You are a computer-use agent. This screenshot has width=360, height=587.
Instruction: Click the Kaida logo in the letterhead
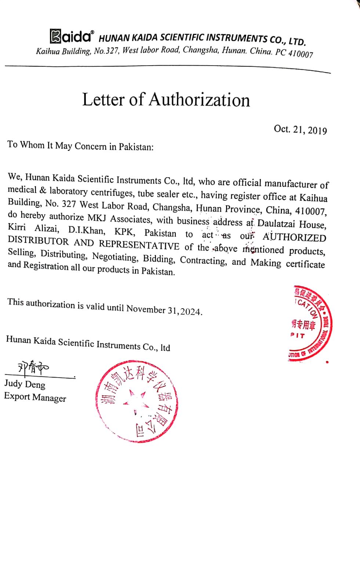point(72,36)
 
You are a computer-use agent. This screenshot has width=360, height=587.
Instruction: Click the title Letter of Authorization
point(166,99)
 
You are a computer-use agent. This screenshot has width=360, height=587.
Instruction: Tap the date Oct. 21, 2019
point(300,130)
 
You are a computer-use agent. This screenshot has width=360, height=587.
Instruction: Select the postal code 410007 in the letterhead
point(301,54)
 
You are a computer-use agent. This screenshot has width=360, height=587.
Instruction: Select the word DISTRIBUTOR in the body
point(38,240)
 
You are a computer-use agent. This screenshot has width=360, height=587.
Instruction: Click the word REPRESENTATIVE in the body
point(139,245)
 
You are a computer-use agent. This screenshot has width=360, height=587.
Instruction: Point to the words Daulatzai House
point(291,224)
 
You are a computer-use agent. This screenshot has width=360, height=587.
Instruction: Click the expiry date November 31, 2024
point(164,310)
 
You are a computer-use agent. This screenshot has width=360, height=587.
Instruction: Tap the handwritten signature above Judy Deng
point(33,368)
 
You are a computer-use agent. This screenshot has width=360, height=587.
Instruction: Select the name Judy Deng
point(25,384)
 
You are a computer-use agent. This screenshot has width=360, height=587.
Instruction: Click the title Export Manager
point(35,397)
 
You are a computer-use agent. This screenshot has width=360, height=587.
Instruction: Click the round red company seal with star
point(136,401)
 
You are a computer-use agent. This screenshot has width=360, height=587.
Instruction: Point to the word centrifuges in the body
point(112,192)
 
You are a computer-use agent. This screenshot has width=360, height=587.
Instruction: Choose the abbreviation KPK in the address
point(125,232)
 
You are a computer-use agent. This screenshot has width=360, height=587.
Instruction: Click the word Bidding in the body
point(159,259)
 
